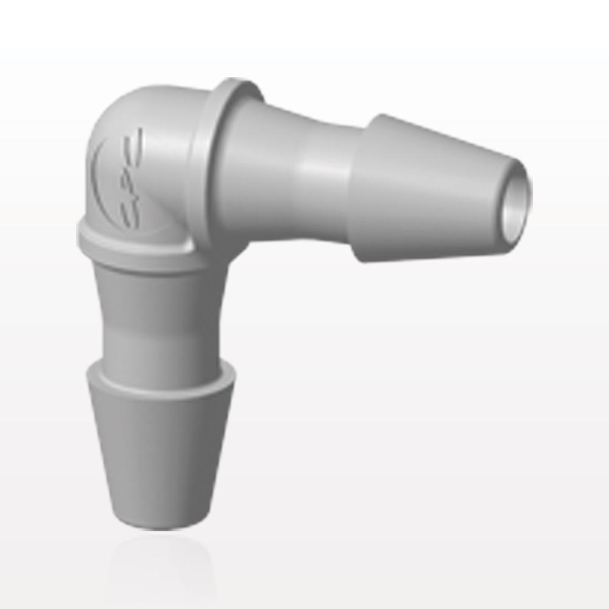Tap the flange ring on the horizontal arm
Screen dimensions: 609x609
[210, 164]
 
